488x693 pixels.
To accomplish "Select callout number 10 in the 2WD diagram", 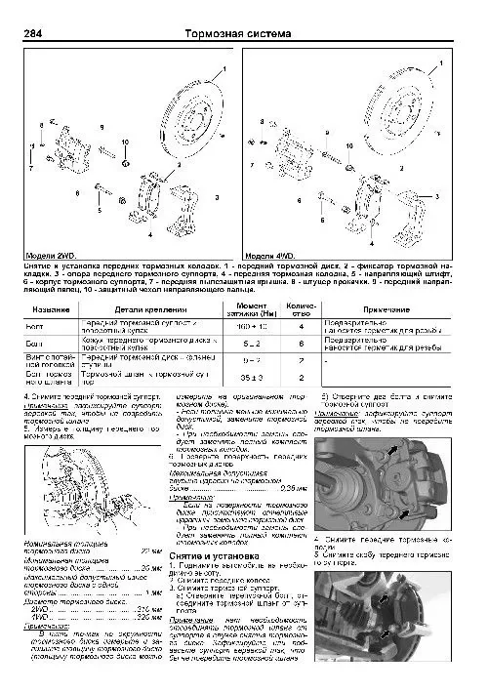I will click(126, 143).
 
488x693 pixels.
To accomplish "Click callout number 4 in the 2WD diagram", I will click(149, 235).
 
